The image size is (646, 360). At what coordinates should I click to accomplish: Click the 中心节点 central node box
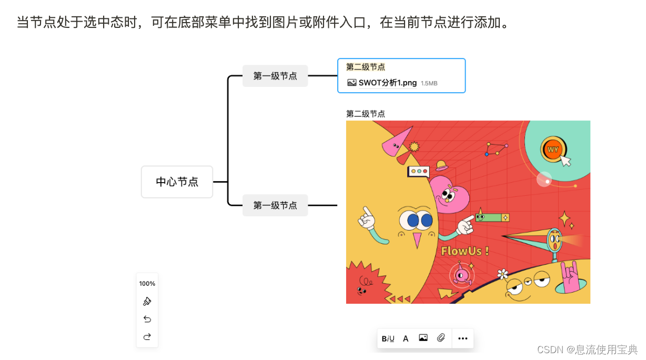[x=177, y=182]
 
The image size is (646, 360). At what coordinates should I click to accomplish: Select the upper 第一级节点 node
[x=275, y=76]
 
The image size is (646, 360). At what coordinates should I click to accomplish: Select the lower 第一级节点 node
[x=275, y=205]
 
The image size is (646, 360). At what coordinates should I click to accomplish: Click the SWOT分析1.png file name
[x=388, y=83]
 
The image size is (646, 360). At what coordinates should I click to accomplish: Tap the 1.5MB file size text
[x=429, y=83]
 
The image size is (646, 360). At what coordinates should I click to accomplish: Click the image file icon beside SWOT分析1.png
[x=352, y=83]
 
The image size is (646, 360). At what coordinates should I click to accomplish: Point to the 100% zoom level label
[x=147, y=284]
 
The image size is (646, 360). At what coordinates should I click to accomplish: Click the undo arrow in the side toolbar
[x=147, y=319]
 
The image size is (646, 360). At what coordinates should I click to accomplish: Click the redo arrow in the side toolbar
[x=147, y=337]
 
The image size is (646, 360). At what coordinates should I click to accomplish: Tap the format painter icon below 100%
[x=147, y=301]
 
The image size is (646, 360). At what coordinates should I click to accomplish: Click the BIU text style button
[x=388, y=338]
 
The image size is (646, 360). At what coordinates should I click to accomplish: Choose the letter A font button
[x=406, y=338]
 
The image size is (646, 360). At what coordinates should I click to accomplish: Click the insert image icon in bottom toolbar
[x=423, y=338]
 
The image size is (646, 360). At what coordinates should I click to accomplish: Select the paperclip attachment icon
[x=441, y=338]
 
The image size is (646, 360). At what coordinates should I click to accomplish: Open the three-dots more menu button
[x=463, y=338]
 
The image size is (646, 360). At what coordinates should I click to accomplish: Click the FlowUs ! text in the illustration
[x=465, y=251]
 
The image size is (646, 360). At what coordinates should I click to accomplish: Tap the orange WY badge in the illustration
[x=553, y=149]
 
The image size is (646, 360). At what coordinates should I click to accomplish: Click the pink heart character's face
[x=448, y=196]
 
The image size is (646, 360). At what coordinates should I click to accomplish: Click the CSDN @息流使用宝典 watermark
[x=587, y=349]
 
